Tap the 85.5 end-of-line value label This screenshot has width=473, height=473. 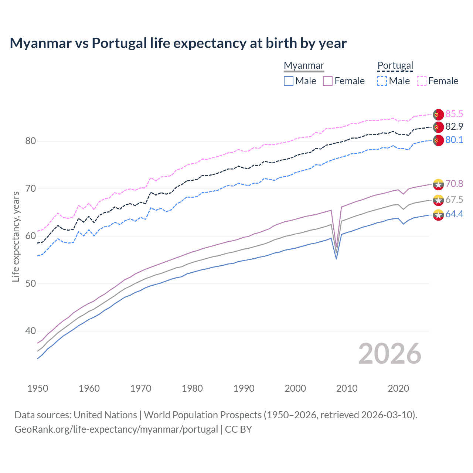454,114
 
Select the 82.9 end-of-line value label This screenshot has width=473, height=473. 454,127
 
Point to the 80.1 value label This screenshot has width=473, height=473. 454,140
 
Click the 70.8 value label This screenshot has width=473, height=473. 454,184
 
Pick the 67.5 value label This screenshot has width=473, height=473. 454,200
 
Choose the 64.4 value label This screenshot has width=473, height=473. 454,214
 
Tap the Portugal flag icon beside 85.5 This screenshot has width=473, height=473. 438,115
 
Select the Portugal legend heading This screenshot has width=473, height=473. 395,65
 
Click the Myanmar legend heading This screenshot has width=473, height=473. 304,65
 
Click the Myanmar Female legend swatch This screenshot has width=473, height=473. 328,81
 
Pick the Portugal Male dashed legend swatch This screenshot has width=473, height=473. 382,81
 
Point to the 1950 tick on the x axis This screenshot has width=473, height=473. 38,388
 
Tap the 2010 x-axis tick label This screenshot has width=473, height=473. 347,388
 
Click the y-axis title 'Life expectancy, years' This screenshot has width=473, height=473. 16,236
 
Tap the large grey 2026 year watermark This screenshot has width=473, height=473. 389,354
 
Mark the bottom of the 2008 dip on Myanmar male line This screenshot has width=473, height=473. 336,259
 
